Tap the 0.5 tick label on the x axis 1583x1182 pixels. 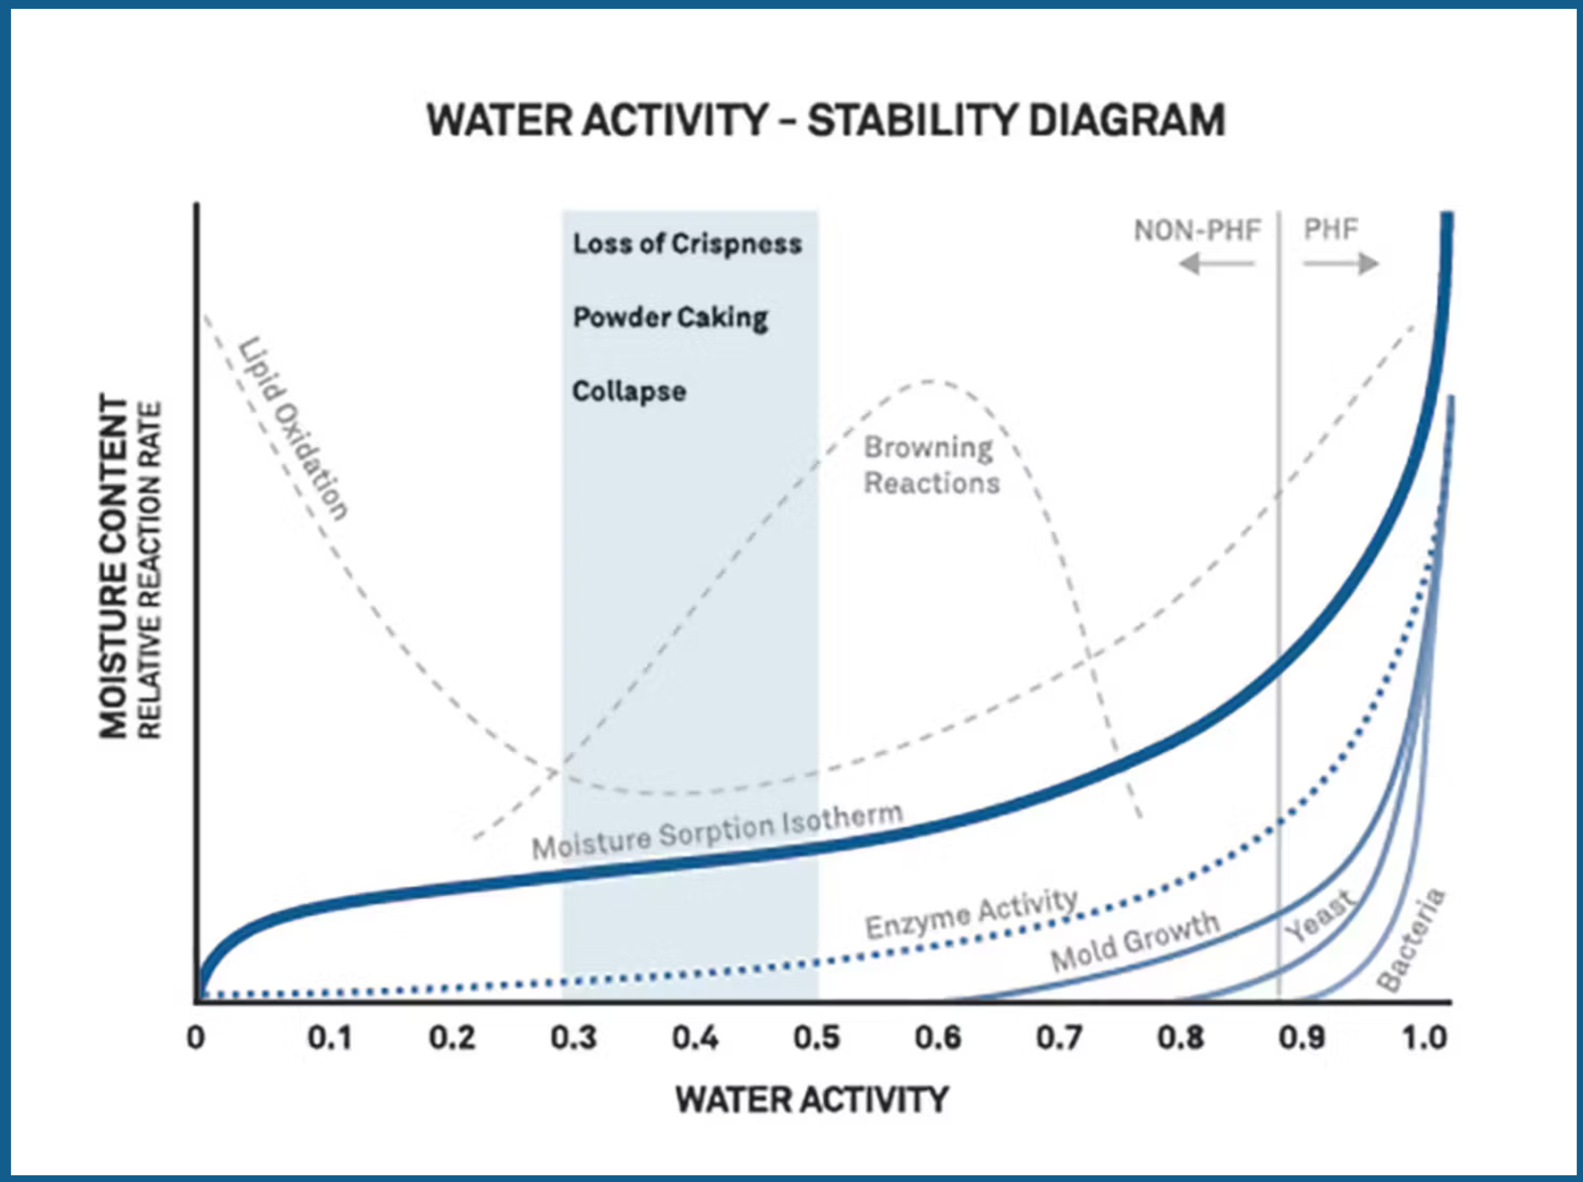pyautogui.click(x=816, y=1038)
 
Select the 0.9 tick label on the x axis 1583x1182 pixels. pyautogui.click(x=1302, y=1038)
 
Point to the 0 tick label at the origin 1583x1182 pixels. pyautogui.click(x=195, y=1038)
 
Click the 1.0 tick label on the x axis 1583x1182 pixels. pyautogui.click(x=1425, y=1038)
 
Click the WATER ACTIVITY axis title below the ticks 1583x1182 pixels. pyautogui.click(x=812, y=1100)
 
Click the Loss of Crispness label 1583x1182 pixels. pyautogui.click(x=687, y=244)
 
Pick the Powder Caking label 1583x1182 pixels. pyautogui.click(x=671, y=318)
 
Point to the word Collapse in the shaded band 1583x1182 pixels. pyautogui.click(x=629, y=391)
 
